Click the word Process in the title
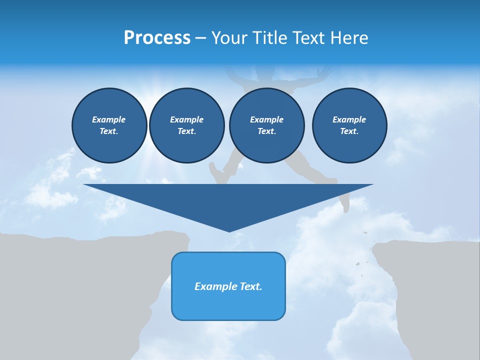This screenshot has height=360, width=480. (157, 37)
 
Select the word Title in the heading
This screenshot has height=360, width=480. (272, 37)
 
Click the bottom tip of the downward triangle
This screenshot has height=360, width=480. (229, 231)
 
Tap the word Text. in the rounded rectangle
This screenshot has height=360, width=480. (250, 286)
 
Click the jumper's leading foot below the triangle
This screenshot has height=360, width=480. (344, 205)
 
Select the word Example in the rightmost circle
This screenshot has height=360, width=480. (349, 119)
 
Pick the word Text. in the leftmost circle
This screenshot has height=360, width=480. (109, 131)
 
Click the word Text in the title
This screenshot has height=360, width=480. (306, 37)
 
